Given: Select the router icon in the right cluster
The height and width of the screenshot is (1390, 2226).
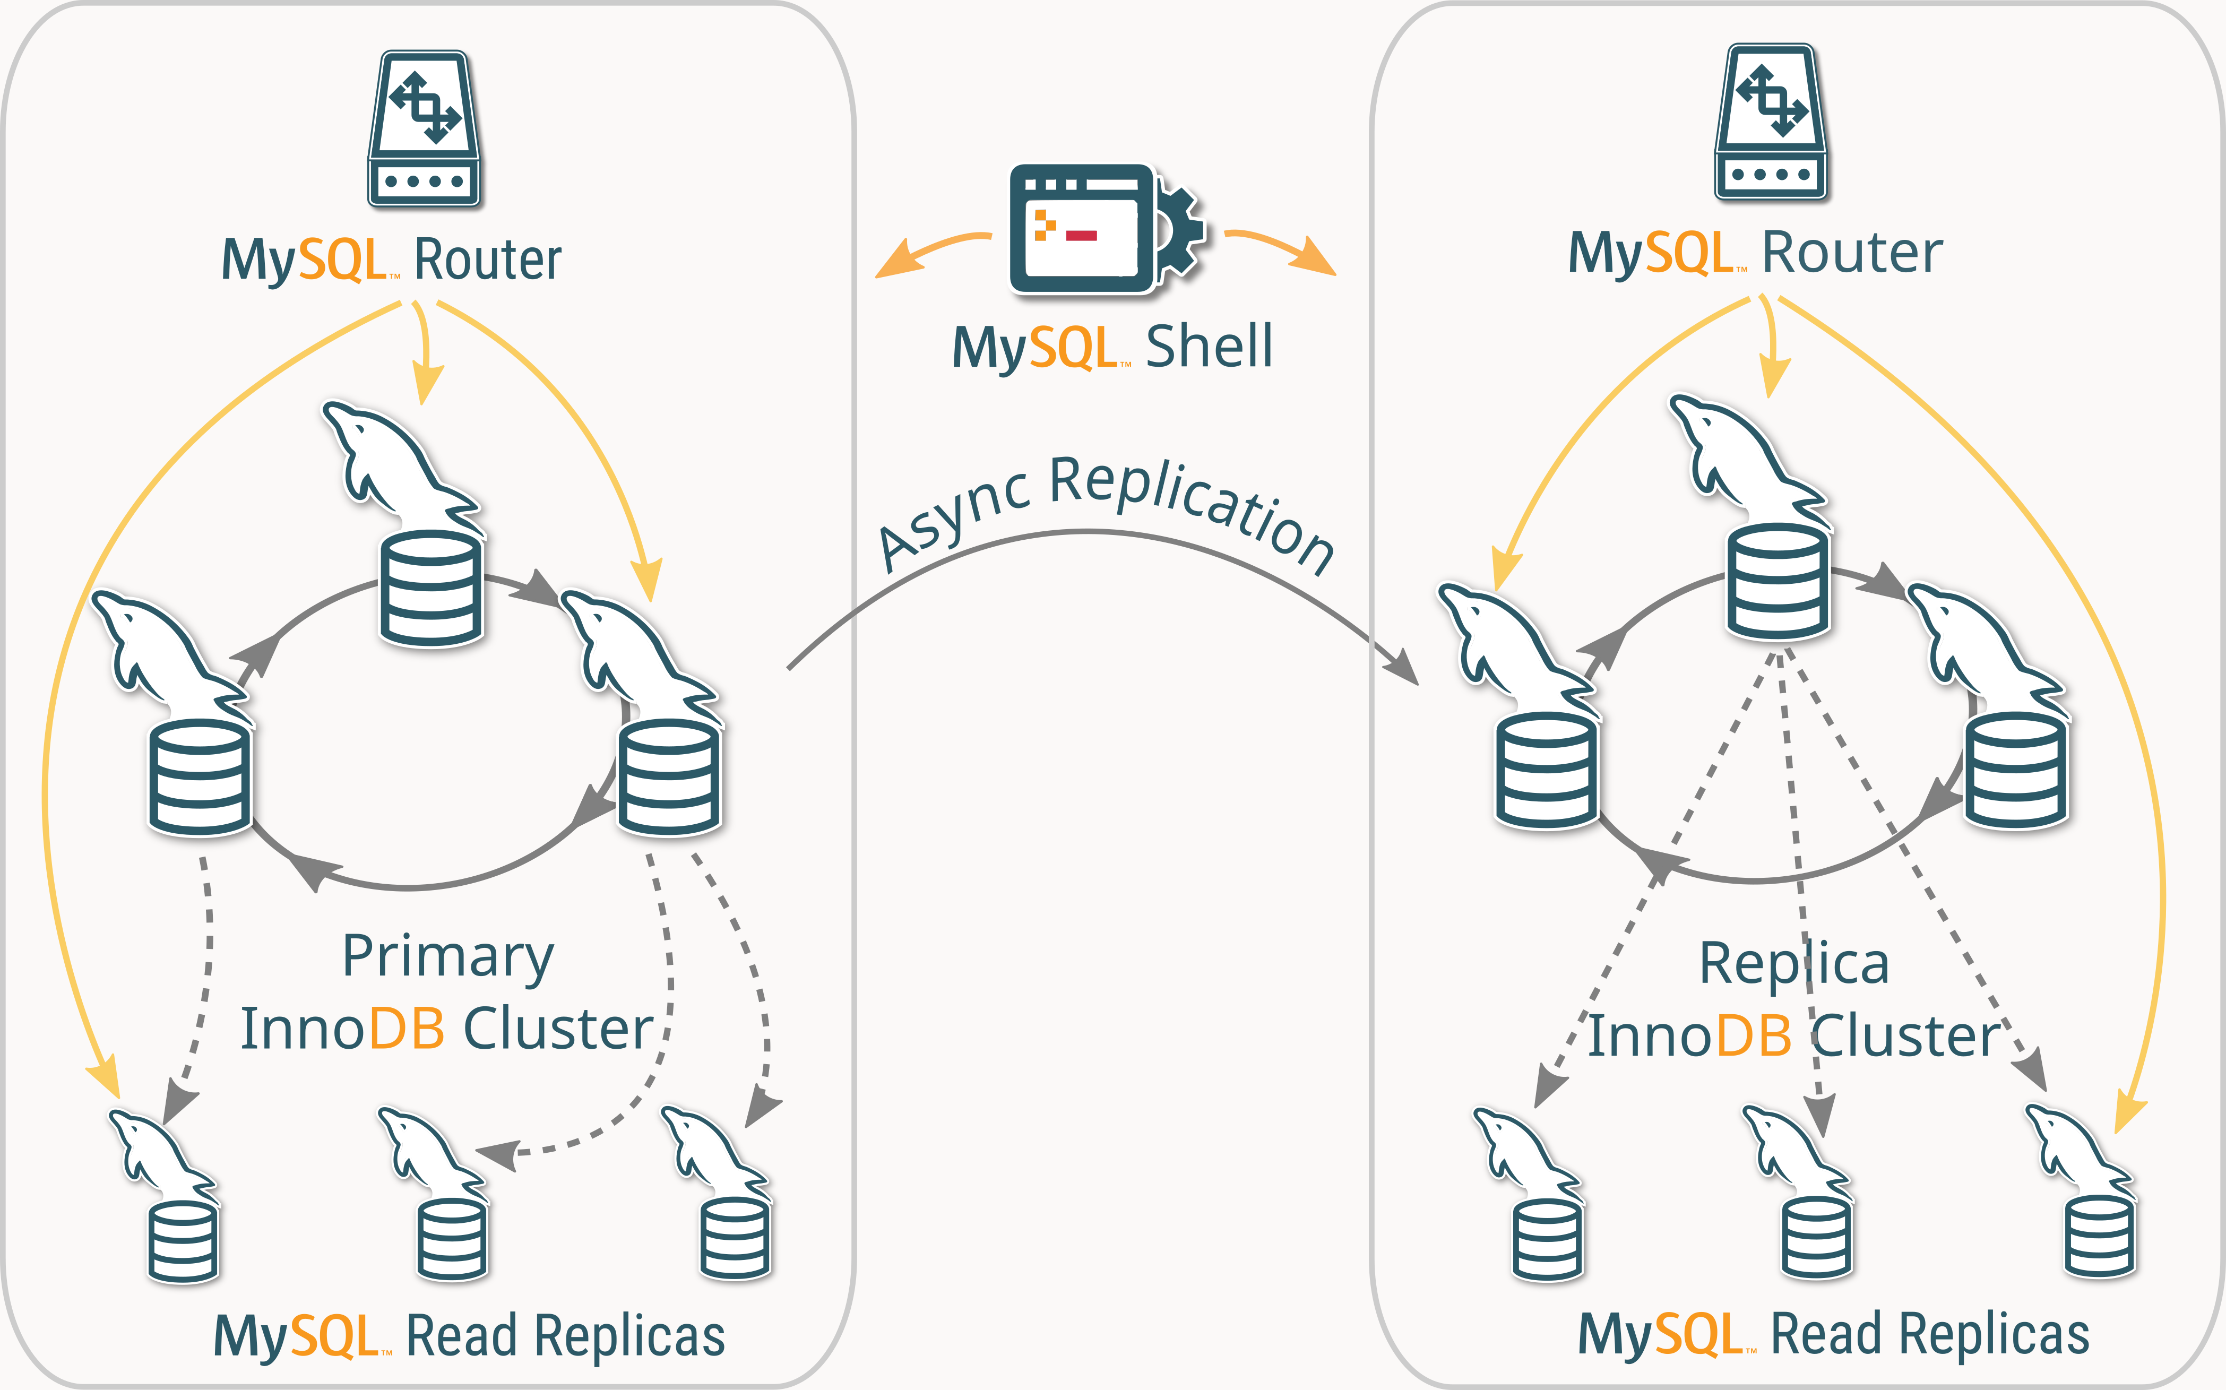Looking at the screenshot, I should point(1771,122).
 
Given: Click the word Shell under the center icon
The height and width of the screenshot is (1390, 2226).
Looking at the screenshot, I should point(1209,348).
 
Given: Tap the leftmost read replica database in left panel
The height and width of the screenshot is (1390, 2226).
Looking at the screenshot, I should point(183,1241).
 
